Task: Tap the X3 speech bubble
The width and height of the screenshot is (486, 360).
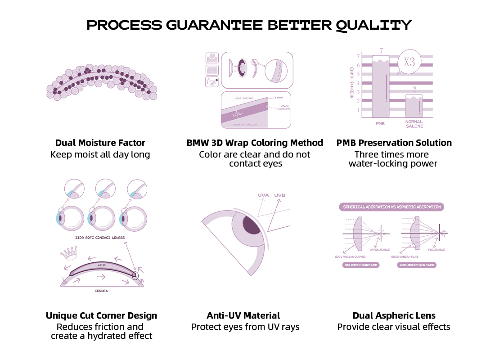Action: [x=409, y=62]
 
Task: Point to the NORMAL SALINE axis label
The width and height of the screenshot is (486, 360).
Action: [x=414, y=124]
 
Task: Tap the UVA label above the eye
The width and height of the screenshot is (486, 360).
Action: [x=263, y=195]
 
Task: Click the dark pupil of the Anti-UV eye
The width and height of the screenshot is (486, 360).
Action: [x=252, y=224]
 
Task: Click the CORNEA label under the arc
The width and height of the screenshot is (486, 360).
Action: [x=101, y=291]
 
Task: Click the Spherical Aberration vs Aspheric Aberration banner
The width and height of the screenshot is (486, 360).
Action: [x=391, y=207]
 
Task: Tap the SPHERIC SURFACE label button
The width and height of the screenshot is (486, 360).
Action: [x=361, y=265]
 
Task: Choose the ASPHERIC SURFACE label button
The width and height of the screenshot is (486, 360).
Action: [x=417, y=265]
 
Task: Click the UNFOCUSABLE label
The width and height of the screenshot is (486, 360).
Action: [x=379, y=249]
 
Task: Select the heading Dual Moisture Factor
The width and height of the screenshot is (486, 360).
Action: [x=100, y=143]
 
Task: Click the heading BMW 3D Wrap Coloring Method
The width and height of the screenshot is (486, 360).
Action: [x=255, y=143]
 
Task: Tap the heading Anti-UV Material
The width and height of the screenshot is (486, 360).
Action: [x=243, y=315]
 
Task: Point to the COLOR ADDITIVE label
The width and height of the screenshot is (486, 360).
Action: [x=284, y=108]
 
